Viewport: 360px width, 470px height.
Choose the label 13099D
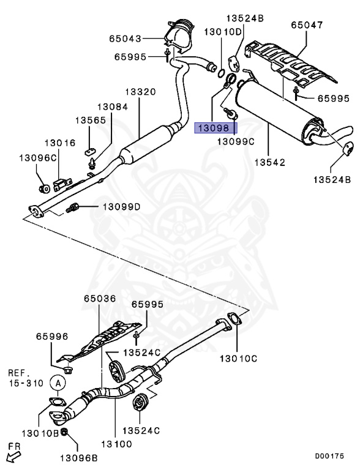click(121, 207)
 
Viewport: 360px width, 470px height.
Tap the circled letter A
click(58, 382)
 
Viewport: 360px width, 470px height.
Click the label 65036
click(99, 299)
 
